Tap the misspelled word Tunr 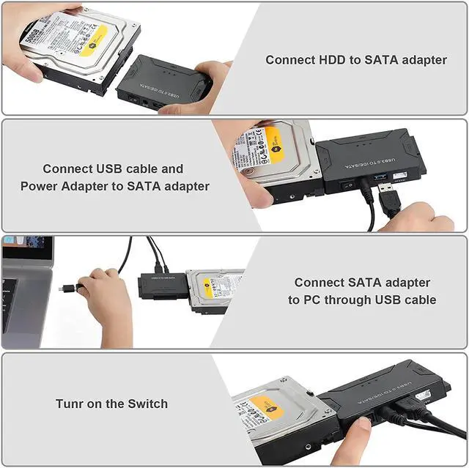(x=71, y=404)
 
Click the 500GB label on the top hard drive (x=32, y=33)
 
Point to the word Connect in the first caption (x=289, y=60)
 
